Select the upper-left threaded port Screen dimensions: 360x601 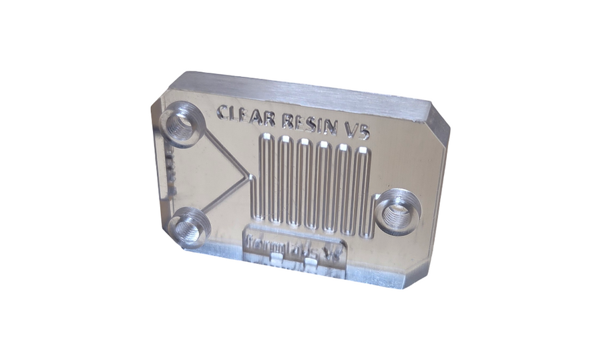(x=182, y=124)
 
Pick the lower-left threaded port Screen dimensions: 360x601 (x=190, y=225)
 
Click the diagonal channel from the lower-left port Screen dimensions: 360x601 (x=224, y=199)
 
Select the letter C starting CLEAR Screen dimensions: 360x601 (x=224, y=112)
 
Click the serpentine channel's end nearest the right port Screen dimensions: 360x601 (x=367, y=234)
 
